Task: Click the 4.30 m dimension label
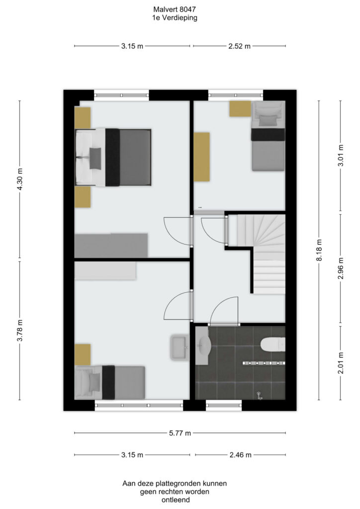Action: [x=20, y=179]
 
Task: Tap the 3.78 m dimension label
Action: [x=20, y=331]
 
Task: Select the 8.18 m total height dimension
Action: [x=319, y=251]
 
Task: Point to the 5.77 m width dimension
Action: [x=180, y=433]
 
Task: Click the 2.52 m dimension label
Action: [x=239, y=46]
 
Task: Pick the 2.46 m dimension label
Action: [x=240, y=455]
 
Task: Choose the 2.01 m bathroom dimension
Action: [x=341, y=363]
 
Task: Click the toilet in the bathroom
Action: [x=273, y=344]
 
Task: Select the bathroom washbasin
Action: [x=203, y=345]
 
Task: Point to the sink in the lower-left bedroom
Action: [x=179, y=347]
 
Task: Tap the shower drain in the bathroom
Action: [x=259, y=395]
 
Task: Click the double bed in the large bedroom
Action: [x=113, y=158]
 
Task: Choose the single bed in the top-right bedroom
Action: [x=268, y=136]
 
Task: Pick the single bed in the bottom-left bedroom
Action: [x=109, y=382]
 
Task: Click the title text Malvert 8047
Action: [x=175, y=9]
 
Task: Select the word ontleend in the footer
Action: [x=176, y=500]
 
